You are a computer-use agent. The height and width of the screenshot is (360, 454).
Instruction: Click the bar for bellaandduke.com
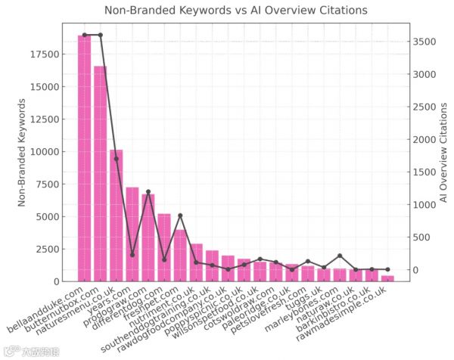pyautogui.click(x=84, y=159)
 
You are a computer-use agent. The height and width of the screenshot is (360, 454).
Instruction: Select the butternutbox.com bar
pyautogui.click(x=100, y=174)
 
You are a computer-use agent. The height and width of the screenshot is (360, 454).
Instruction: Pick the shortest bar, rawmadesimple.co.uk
pyautogui.click(x=387, y=278)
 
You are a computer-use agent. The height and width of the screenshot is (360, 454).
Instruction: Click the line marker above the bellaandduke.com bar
pyautogui.click(x=84, y=35)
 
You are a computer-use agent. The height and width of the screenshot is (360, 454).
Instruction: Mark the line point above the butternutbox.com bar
pyautogui.click(x=100, y=35)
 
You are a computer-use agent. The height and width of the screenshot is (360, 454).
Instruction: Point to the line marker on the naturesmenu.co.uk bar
pyautogui.click(x=116, y=159)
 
